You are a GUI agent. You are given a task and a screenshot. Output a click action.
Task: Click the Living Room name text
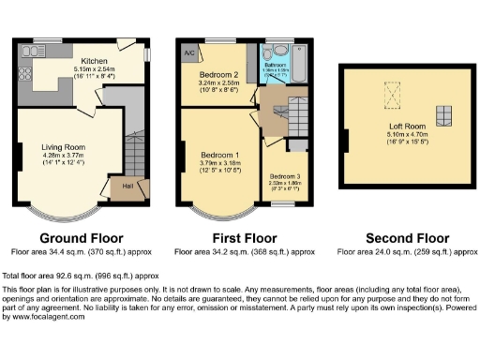pyautogui.click(x=63, y=146)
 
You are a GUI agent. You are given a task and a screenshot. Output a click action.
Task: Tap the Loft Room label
pyautogui.click(x=395, y=125)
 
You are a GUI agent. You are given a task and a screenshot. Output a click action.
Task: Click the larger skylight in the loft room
pyautogui.click(x=388, y=92)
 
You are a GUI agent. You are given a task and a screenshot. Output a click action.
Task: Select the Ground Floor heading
pyautogui.click(x=79, y=237)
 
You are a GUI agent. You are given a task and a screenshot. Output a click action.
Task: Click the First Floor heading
pyautogui.click(x=247, y=237)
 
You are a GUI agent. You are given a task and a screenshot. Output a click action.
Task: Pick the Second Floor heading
pyautogui.click(x=403, y=237)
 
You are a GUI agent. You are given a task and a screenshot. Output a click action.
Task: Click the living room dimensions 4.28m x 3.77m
pyautogui.click(x=63, y=156)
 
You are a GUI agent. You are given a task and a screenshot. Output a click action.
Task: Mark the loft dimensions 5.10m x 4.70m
pyautogui.click(x=395, y=133)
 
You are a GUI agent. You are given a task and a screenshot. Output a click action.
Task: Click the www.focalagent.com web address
pyautogui.click(x=44, y=317)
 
